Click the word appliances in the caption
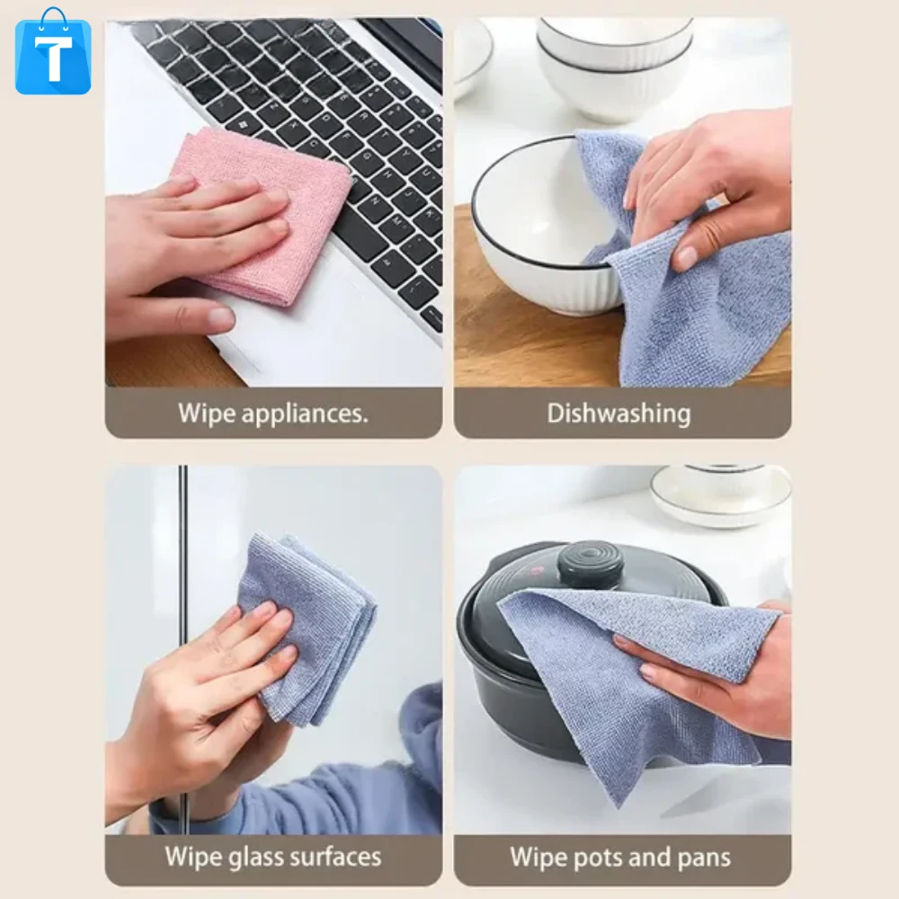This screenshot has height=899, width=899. point(305,414)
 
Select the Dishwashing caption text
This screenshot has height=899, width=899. point(619,414)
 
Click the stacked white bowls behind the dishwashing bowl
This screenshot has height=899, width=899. point(615,63)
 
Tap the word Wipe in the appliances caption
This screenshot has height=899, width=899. point(207,413)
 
